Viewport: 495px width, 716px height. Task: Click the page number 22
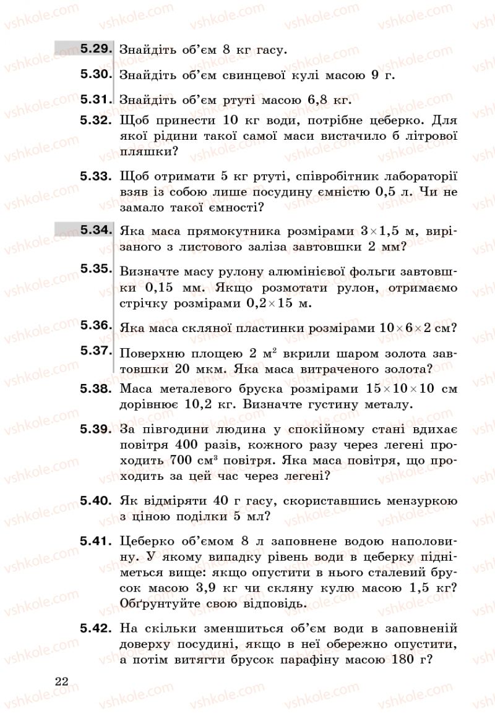[61, 681]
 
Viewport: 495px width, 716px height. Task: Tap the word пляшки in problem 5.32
[144, 151]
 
